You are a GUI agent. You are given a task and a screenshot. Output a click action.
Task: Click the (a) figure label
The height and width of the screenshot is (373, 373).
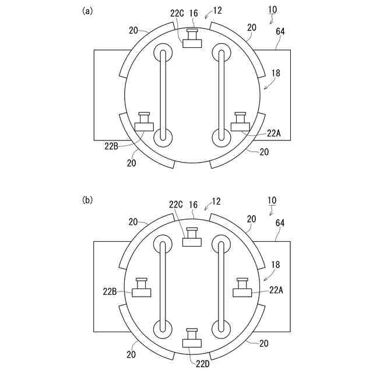(x=87, y=10)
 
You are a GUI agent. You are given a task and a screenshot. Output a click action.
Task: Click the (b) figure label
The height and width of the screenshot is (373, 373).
(x=87, y=200)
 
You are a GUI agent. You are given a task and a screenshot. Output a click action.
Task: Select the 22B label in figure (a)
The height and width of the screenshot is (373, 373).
(x=112, y=145)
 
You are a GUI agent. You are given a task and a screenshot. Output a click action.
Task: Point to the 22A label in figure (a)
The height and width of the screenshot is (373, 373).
(x=275, y=133)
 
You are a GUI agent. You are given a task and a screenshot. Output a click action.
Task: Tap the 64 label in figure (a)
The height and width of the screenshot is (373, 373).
(x=280, y=32)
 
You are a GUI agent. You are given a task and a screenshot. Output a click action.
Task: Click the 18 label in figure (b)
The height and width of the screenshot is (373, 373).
(x=276, y=264)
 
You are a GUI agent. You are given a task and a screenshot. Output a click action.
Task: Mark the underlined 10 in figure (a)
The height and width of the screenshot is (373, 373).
(x=272, y=10)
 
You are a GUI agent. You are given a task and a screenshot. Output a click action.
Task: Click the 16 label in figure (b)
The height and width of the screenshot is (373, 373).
(x=193, y=205)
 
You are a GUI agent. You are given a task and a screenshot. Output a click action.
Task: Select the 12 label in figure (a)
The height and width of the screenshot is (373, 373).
(x=217, y=10)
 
